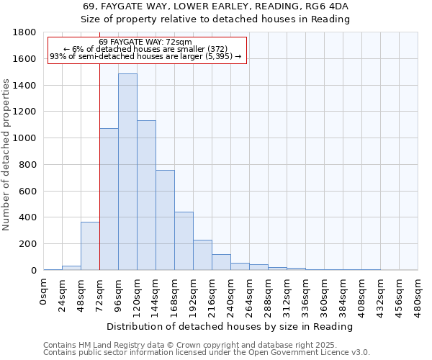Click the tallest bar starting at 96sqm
click(127, 172)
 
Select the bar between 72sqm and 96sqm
click(109, 199)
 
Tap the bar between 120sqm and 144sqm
click(146, 195)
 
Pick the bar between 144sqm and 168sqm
click(165, 220)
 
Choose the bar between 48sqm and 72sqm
click(90, 246)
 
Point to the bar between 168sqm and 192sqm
click(184, 241)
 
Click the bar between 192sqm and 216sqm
click(202, 255)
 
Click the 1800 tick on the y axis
click(26, 32)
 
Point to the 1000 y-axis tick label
click(26, 138)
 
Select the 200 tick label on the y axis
click(29, 244)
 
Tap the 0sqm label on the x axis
click(44, 292)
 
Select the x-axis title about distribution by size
click(230, 326)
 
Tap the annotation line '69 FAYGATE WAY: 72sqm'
click(145, 42)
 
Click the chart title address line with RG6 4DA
click(215, 6)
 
